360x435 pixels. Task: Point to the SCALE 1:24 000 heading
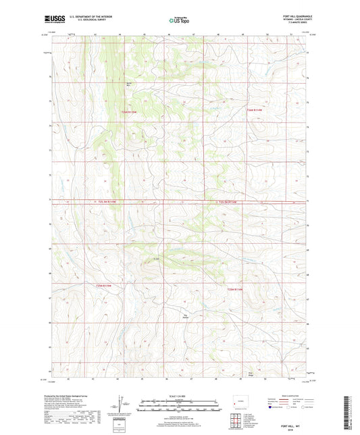pyautogui.click(x=179, y=395)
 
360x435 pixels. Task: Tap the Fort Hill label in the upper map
pyautogui.click(x=129, y=84)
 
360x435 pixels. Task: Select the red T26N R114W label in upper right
pyautogui.click(x=255, y=109)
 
